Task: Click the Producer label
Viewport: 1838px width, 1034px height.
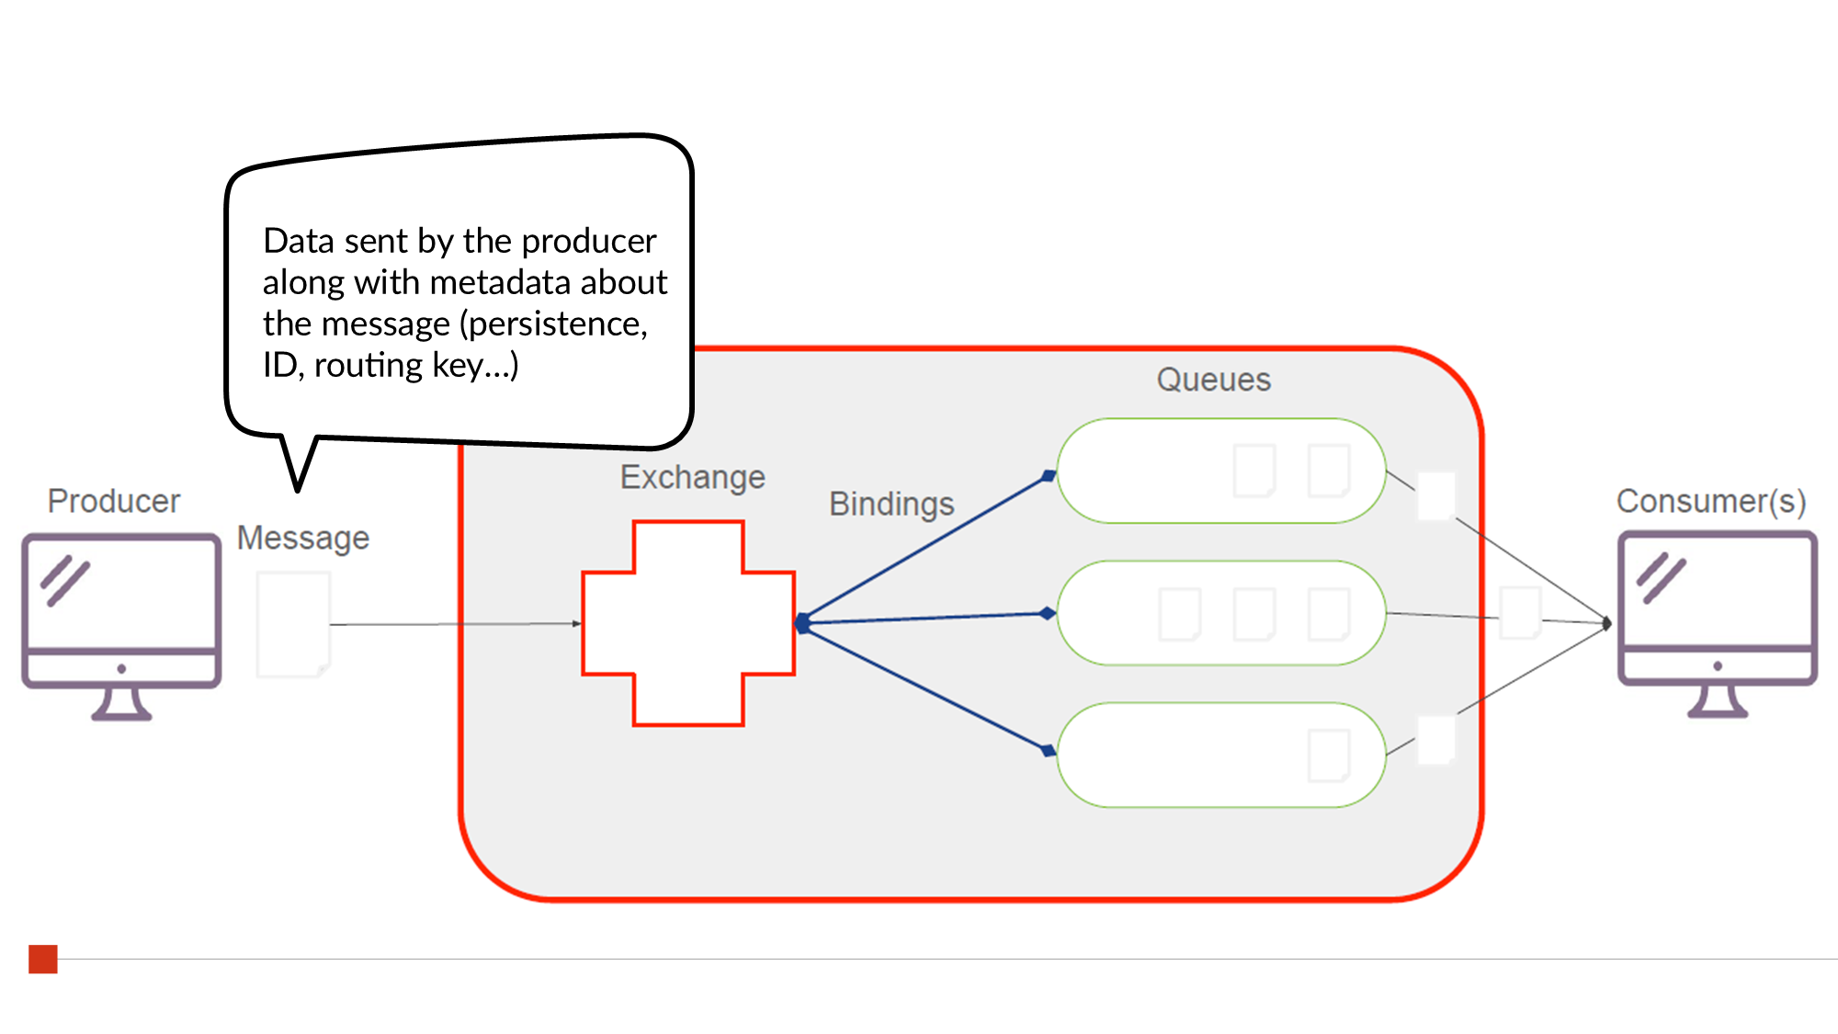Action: [114, 501]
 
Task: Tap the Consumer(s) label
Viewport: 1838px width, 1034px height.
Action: [1711, 501]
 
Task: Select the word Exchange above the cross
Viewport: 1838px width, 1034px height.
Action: [692, 477]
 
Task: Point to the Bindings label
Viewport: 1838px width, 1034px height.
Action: [891, 504]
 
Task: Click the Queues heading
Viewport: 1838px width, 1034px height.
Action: [1213, 380]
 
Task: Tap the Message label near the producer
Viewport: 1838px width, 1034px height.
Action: [303, 538]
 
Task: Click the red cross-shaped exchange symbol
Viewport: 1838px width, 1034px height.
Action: [688, 623]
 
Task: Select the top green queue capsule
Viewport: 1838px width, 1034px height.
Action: [1149, 472]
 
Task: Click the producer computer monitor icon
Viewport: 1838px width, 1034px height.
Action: [121, 597]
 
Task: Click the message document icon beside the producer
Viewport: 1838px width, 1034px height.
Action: [293, 624]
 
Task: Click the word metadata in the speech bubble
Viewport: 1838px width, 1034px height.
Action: [504, 282]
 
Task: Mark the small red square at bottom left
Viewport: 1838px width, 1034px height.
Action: [43, 959]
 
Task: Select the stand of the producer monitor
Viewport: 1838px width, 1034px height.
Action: [121, 705]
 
